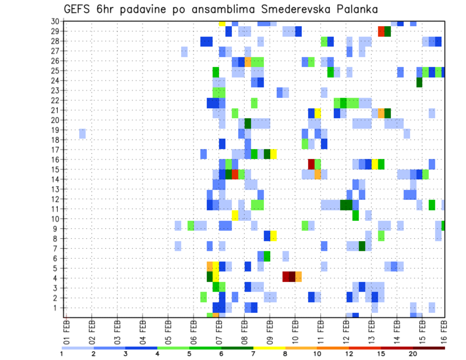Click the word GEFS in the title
[x=78, y=9]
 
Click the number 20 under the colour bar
[x=413, y=354]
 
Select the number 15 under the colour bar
[x=381, y=354]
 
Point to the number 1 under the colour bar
[x=62, y=354]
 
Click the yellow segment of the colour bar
[x=269, y=348]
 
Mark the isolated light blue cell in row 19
[x=83, y=133]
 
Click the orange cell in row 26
[x=248, y=62]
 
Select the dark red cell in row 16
[x=311, y=164]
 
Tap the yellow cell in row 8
[x=273, y=236]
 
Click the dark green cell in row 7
[x=362, y=246]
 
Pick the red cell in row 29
[x=381, y=32]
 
